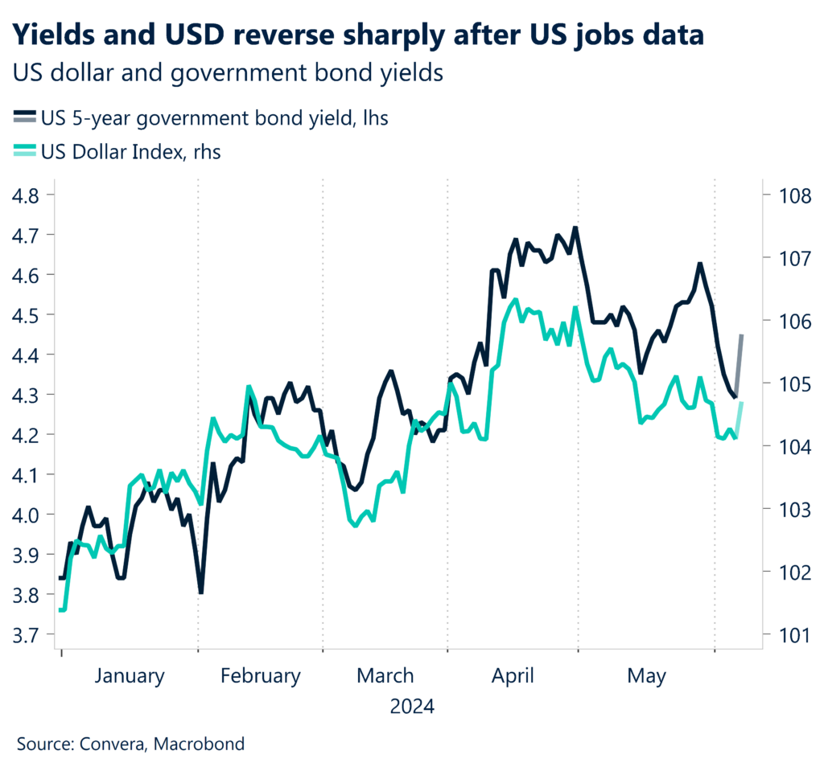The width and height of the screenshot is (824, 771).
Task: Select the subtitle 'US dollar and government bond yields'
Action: point(229,72)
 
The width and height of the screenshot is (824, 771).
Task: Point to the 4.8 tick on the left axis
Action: point(30,195)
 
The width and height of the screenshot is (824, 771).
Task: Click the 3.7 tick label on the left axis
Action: point(30,635)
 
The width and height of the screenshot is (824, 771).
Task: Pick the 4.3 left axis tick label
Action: point(30,395)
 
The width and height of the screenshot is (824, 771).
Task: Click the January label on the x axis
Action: point(129,675)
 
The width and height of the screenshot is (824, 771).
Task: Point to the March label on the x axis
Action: point(385,675)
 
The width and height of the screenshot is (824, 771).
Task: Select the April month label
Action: point(513,675)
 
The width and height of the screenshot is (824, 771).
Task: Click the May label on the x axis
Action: point(647,675)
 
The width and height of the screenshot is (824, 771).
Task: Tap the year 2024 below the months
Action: point(412,707)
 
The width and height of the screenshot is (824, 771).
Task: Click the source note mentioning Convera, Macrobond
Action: point(130,744)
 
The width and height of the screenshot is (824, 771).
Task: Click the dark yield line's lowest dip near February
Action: point(200,592)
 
